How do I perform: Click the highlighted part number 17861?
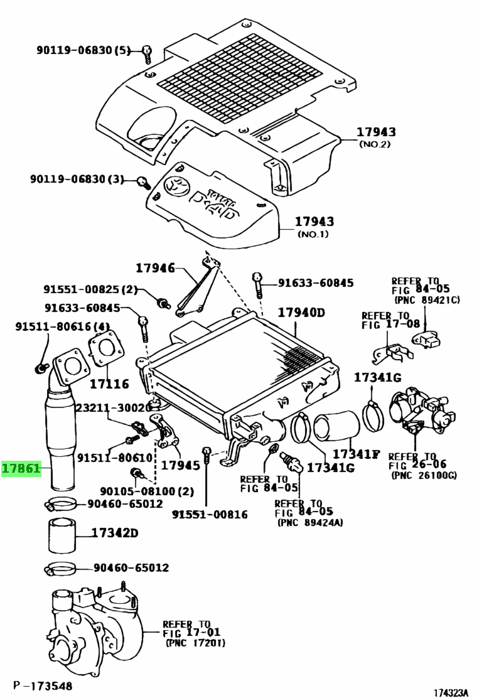point(21,468)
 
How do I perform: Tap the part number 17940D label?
point(301,313)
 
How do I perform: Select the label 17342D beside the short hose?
point(115,534)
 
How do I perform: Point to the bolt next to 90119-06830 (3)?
point(142,182)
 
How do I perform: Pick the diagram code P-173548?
point(42,685)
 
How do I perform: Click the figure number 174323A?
point(450,692)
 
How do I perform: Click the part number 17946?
point(156,268)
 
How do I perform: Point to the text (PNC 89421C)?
point(427,300)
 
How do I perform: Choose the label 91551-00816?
point(210,515)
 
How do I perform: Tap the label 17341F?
point(356,453)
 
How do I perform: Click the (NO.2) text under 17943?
point(375,144)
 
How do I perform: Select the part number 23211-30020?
point(110,407)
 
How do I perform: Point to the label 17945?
point(180,465)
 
